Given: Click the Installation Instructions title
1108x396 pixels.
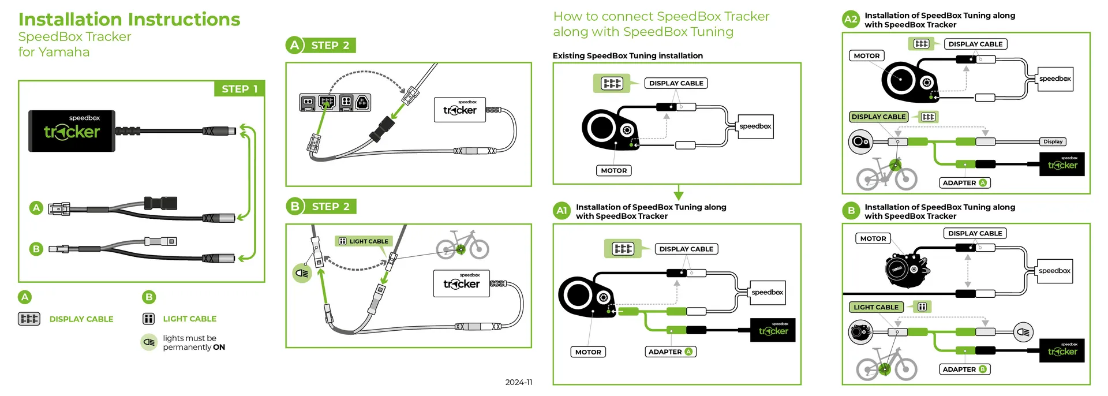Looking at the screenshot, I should [129, 20].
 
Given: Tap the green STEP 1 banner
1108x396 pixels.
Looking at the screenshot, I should [239, 89].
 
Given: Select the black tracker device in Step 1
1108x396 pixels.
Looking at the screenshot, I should [72, 131].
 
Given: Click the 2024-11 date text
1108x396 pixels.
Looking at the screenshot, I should [518, 382].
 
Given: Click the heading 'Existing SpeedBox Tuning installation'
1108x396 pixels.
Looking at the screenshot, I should [627, 56].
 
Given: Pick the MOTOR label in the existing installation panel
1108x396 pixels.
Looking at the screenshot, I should [613, 170].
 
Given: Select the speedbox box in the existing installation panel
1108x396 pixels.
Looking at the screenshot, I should [755, 126].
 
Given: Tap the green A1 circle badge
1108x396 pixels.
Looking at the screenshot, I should [562, 211].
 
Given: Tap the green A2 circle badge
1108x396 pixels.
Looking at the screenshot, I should [851, 19].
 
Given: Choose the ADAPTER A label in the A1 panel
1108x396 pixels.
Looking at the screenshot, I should [670, 352].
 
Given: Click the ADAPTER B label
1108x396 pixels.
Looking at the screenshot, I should [964, 369].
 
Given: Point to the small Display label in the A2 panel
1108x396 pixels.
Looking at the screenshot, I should [1053, 141].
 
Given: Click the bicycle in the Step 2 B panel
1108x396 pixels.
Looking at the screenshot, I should [462, 245].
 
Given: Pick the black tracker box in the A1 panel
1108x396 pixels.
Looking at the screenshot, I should [773, 330].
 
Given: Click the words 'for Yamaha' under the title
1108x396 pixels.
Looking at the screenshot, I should [54, 52].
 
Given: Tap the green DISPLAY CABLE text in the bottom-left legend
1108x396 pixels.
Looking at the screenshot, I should [81, 319].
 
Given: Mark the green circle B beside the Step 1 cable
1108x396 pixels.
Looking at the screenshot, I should [36, 249].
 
